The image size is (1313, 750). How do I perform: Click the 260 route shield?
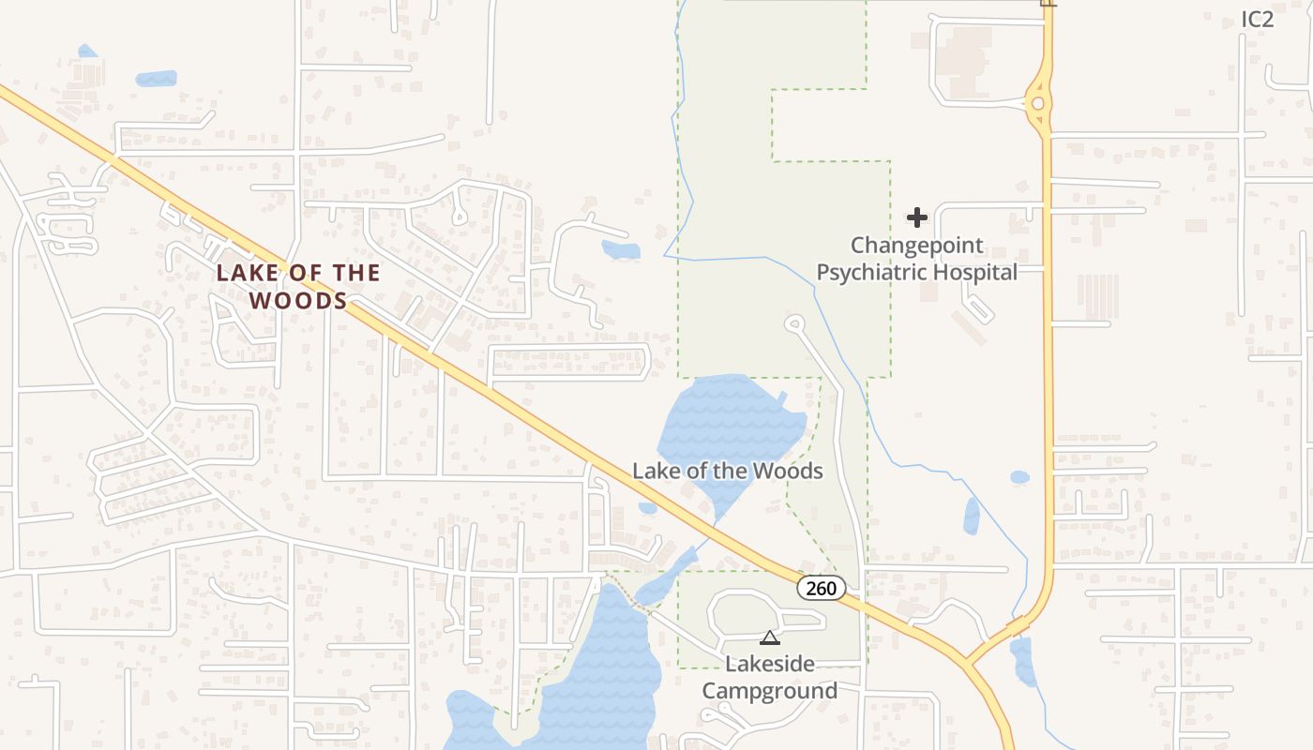click(822, 588)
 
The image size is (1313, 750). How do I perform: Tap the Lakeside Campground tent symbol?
click(770, 638)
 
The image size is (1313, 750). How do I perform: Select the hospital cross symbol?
click(917, 217)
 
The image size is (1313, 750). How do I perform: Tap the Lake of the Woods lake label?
click(727, 471)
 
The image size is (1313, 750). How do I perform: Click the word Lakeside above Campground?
click(770, 665)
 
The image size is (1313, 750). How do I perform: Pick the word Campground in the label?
click(770, 691)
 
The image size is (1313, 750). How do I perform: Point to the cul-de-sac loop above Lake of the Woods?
click(795, 324)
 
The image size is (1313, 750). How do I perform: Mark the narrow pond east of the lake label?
click(972, 517)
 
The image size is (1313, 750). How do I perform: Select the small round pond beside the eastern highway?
click(1019, 477)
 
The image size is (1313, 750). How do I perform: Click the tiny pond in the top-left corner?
click(86, 51)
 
